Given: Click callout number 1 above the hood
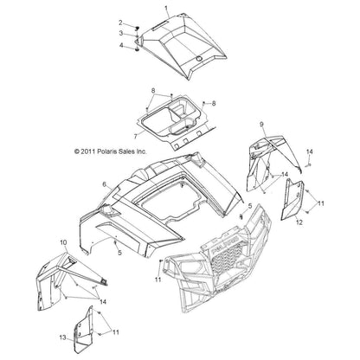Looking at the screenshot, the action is pos(167,8).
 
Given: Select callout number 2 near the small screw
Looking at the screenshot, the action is pos(121,22).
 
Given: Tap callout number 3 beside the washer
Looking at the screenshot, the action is pos(121,33).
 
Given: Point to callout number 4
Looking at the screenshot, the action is pos(121,45).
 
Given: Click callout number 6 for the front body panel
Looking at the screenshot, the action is pos(105,184).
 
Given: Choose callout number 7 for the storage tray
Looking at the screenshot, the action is pos(136,136).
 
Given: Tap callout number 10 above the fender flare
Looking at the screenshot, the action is pos(63,242).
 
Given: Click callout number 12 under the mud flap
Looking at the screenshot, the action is pos(299,222).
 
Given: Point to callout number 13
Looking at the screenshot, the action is pos(63,337).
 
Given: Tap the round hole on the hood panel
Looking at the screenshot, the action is pos(198,59).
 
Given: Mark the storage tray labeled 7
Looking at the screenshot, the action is pos(176,121).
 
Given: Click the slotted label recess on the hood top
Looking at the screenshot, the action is pos(161,24).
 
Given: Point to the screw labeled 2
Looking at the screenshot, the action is pos(138,28).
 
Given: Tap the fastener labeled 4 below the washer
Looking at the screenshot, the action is pos(138,50).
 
